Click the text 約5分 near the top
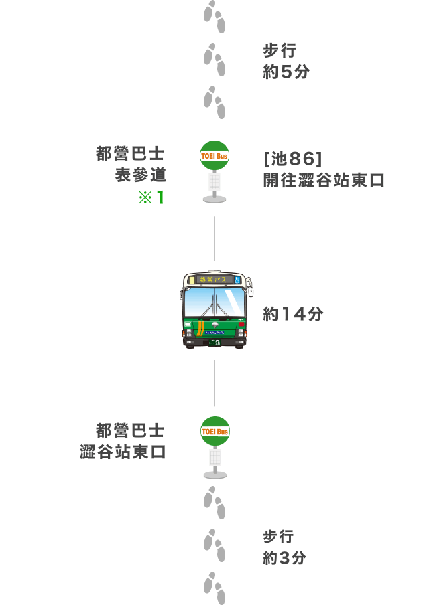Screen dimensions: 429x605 [x=286, y=72]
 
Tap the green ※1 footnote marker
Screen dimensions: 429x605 [x=151, y=197]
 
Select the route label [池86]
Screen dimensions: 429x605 [x=292, y=159]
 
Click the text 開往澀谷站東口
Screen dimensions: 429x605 [x=324, y=180]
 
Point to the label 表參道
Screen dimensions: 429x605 [x=140, y=175]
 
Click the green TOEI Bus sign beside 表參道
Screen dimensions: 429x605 [x=214, y=155]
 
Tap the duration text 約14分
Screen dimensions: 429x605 [x=293, y=314]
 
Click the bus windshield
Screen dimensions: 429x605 [x=214, y=302]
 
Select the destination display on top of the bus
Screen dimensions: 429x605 [x=212, y=280]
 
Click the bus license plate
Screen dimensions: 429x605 [x=214, y=343]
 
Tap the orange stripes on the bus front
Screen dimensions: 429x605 [x=200, y=327]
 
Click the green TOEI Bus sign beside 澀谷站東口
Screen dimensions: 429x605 [x=215, y=432]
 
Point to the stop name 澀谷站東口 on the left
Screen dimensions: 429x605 [x=123, y=452]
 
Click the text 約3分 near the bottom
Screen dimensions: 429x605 [x=284, y=558]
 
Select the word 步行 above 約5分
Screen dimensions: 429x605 [x=280, y=50]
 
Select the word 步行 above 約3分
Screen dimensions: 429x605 [x=278, y=536]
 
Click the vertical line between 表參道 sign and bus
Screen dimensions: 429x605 [x=214, y=238]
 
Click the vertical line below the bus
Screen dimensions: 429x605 [x=214, y=383]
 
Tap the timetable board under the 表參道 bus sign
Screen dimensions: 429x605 [x=214, y=182]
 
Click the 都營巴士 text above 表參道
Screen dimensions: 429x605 [x=130, y=153]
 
